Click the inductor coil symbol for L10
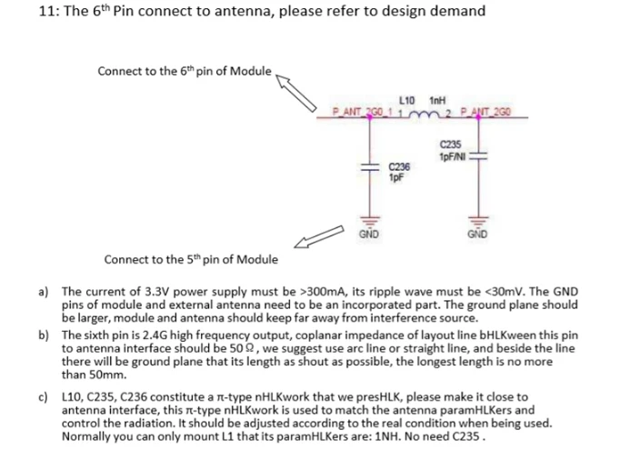(x=425, y=112)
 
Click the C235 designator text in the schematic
(x=450, y=144)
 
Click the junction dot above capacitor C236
(x=370, y=115)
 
